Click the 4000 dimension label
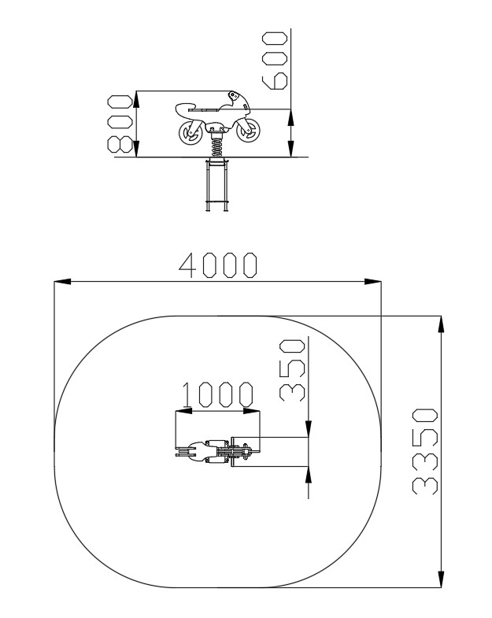pos(218,265)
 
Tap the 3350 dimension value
pos(425,452)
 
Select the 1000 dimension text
pos(217,394)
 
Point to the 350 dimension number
pos(293,370)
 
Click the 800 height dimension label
pos(120,124)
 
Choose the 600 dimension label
pos(275,61)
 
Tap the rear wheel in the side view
pos(191,133)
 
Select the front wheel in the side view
pos(249,131)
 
